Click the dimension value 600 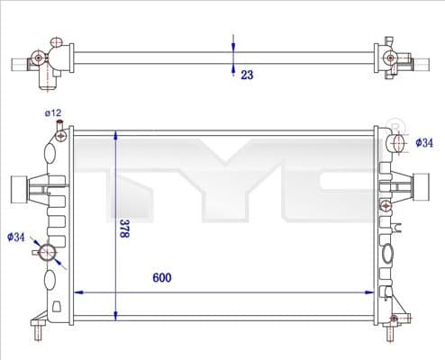(x=161, y=278)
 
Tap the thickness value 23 (x=246, y=76)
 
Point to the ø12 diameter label (x=53, y=112)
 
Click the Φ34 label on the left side (x=15, y=237)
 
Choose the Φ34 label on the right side (x=424, y=142)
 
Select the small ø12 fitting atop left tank (x=60, y=136)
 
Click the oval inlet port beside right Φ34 (x=399, y=141)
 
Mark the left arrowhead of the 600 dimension (x=77, y=292)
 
